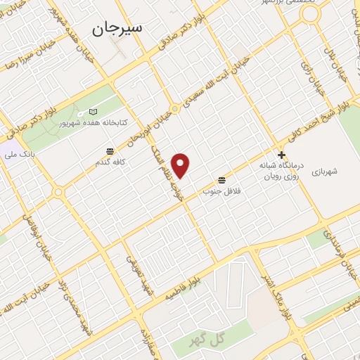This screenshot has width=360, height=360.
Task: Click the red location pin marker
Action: click(181, 166)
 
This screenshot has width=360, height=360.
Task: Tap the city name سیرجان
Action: click(117, 27)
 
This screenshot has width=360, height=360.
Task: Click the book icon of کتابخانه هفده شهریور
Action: click(94, 112)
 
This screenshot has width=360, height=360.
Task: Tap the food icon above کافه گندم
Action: click(111, 151)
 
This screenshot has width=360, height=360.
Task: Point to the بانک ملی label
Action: click(19, 151)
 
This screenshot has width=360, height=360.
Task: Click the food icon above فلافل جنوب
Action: click(222, 179)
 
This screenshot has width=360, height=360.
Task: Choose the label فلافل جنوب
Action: click(222, 191)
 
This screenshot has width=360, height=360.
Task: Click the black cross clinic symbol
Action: click(282, 155)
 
